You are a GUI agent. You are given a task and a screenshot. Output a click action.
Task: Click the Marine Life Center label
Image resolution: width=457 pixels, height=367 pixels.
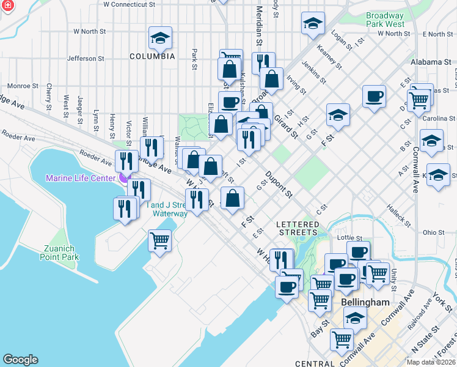pos(81,178)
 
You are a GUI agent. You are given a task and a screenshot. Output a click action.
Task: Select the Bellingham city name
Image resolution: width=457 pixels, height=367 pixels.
pos(366,303)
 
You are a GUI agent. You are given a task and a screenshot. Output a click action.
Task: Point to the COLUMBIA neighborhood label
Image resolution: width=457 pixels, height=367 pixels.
pos(152,56)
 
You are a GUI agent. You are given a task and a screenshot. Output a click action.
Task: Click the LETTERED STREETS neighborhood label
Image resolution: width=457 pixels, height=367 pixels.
pos(298,228)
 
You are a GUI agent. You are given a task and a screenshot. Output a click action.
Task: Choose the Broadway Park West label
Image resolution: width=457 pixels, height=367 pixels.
pos(385,20)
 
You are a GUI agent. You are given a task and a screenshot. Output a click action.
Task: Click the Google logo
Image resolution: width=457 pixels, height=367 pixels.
pos(20,359)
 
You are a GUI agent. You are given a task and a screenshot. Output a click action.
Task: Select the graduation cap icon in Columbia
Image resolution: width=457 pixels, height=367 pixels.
pos(159,39)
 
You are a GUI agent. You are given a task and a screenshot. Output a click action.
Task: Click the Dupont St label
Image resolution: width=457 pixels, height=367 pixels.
pos(279,185)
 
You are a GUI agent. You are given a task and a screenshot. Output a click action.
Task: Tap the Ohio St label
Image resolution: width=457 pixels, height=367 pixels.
pos(433,232)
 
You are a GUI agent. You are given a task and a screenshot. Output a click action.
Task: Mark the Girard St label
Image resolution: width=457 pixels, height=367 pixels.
pos(285,125)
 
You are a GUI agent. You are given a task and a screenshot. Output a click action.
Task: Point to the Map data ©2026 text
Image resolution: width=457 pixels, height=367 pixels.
pos(431,362)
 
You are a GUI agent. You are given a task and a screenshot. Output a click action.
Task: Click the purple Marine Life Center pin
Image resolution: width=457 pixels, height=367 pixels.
pos(123,177)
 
